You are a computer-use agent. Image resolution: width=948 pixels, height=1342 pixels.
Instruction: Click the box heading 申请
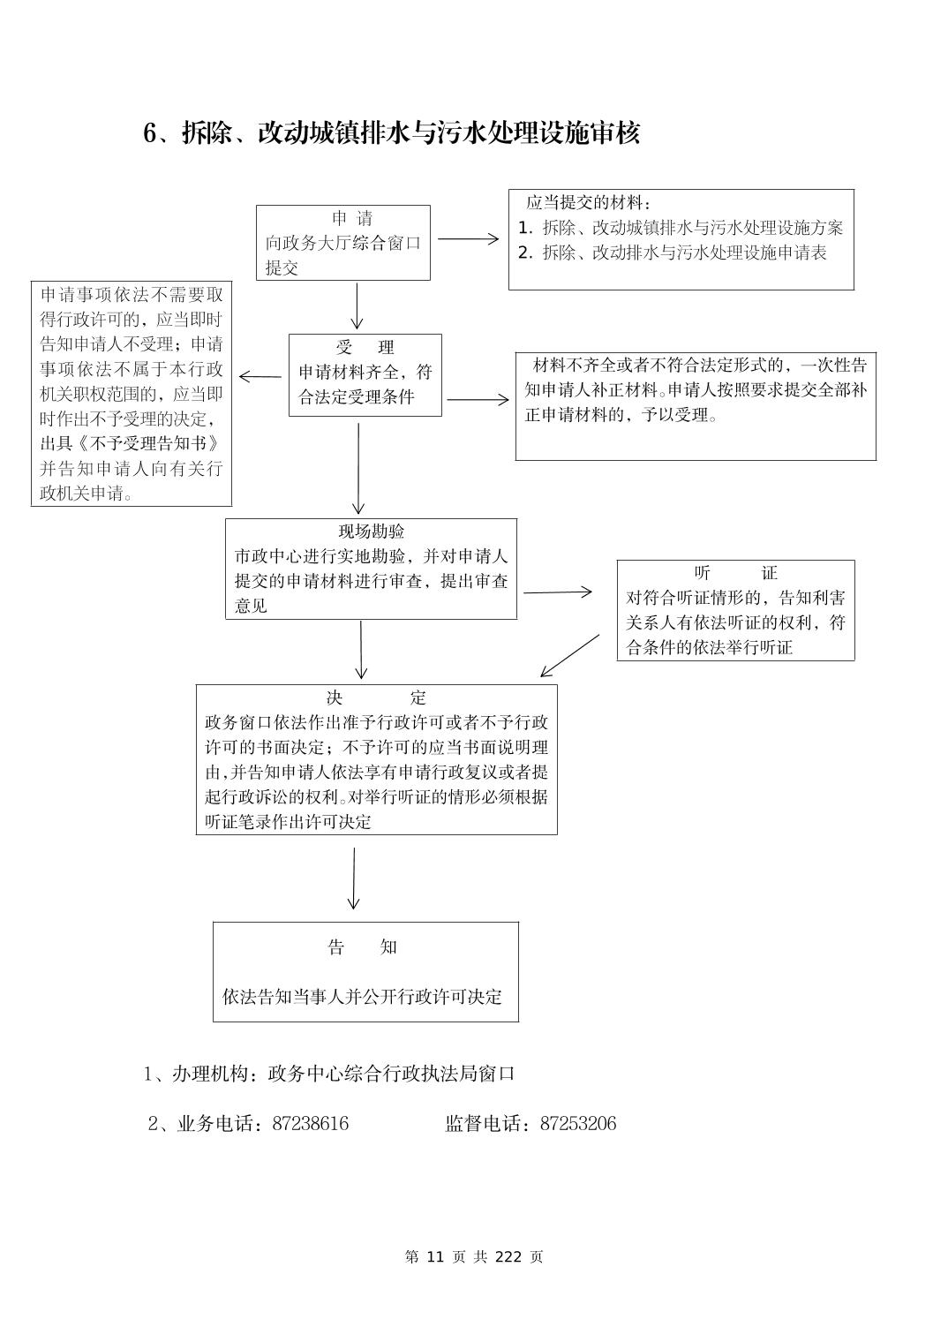(x=352, y=218)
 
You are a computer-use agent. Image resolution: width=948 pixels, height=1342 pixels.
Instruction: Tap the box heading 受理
(x=365, y=347)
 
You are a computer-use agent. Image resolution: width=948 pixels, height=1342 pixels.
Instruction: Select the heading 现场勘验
(x=372, y=532)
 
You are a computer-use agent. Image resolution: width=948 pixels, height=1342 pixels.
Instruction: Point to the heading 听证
(x=735, y=573)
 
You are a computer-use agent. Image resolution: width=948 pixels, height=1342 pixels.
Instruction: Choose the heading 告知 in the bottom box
(x=363, y=947)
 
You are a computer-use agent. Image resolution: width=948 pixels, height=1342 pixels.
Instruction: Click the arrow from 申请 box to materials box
(x=468, y=238)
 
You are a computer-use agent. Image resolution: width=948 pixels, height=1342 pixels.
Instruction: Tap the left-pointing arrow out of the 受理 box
(x=260, y=377)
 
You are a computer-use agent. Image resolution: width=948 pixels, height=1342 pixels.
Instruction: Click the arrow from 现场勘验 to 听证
(x=558, y=592)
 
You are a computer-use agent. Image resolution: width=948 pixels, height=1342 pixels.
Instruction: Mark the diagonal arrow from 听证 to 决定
(x=569, y=656)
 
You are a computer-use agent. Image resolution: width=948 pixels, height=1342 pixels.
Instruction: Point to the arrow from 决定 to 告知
(x=354, y=878)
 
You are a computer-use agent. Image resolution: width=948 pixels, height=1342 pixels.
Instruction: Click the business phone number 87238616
(x=311, y=1124)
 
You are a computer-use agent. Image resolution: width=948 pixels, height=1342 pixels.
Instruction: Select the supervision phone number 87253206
(x=578, y=1124)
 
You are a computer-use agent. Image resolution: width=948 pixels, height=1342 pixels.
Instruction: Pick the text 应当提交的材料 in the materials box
(x=585, y=203)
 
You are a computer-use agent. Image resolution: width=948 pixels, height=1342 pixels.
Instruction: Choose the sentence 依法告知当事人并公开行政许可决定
(x=363, y=997)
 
